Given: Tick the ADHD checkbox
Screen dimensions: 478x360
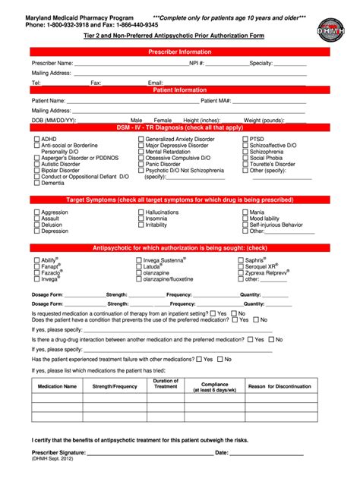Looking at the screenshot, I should (36, 140).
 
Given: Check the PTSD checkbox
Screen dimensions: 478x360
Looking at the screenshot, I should (244, 140).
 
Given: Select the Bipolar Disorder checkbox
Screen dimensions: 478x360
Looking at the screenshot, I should (36, 171).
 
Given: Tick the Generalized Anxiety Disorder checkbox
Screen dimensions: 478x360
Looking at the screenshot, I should (141, 140).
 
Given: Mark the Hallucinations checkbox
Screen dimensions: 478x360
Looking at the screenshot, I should (141, 212).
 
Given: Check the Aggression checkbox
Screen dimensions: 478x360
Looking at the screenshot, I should (36, 212).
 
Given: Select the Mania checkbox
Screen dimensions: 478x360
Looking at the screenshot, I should (244, 212).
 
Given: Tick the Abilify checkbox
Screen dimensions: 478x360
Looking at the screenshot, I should (36, 260).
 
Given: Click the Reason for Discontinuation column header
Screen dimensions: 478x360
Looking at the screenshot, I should (279, 386).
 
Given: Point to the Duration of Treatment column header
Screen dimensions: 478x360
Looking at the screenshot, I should (165, 384).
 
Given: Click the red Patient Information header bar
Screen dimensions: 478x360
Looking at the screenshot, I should (180, 90).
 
